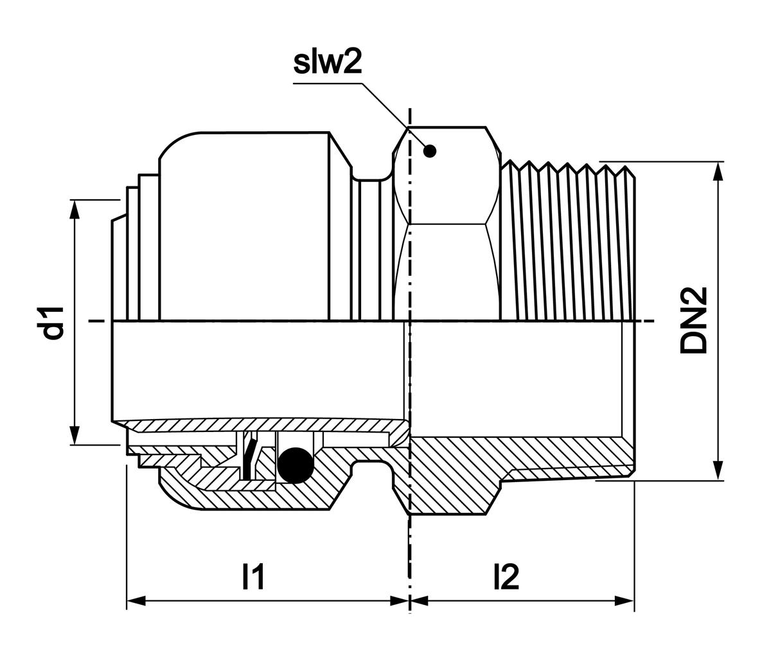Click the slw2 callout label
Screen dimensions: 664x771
pos(328,62)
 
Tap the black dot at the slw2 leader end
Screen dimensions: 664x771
pos(430,151)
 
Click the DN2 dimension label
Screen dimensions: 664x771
pos(693,320)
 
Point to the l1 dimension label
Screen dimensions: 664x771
pos(253,577)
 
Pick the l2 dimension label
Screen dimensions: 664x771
pos(506,577)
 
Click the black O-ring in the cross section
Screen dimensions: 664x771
pos(295,465)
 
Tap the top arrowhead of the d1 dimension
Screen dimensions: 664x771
pos(76,210)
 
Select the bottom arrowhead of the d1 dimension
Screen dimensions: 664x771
pos(76,435)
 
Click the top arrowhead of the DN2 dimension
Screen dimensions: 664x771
pos(718,171)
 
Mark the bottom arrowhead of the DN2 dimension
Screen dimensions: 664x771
pos(718,471)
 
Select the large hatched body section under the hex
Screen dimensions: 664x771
pos(450,476)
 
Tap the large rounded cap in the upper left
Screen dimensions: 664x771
pos(244,225)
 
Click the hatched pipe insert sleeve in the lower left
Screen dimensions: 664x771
pos(257,425)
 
